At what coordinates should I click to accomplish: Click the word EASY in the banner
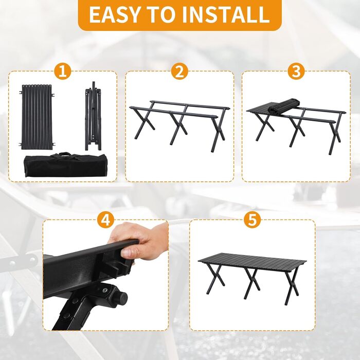114,15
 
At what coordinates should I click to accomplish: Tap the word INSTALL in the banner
225,15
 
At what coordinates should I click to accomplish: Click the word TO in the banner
160,15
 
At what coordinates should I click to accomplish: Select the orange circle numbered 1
63,71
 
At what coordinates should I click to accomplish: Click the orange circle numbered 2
179,71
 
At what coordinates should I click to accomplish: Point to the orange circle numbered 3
296,71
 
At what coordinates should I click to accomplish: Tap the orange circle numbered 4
105,220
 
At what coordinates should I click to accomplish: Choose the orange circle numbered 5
253,220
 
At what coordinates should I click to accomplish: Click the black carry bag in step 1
65,165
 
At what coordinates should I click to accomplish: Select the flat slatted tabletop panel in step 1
37,117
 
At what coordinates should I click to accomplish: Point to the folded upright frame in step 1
93,116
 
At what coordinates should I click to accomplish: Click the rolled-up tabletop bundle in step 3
284,105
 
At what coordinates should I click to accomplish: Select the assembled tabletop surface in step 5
252,262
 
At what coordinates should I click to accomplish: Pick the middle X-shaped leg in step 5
253,283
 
